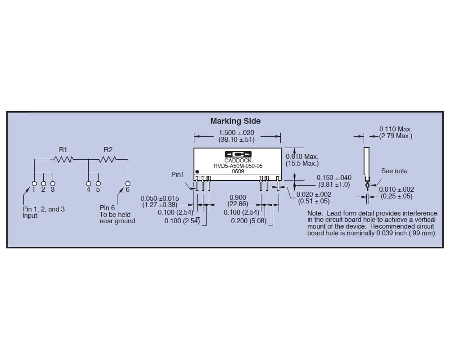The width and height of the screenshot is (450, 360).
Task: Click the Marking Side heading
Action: coord(235,121)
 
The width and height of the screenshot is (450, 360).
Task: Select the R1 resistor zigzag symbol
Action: coord(63,159)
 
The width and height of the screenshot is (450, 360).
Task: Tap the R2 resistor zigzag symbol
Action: coord(108,159)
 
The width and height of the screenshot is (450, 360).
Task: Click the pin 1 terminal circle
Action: coord(34,184)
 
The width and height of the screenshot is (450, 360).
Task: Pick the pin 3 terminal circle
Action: coord(53,184)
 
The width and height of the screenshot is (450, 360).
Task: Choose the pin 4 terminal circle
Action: coord(88,184)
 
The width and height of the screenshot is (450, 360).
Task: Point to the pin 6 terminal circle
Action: coord(128,184)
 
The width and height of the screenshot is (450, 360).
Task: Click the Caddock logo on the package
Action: coord(238,154)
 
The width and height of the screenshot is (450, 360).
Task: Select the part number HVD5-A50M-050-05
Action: coord(238,166)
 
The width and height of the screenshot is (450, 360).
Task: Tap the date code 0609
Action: coord(238,171)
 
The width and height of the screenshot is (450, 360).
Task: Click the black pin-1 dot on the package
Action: coord(197,171)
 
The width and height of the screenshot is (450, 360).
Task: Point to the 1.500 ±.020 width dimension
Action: coord(237,133)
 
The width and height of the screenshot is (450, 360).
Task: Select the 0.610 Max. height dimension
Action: coord(302,157)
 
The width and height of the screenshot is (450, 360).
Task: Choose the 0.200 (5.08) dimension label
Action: coord(248,221)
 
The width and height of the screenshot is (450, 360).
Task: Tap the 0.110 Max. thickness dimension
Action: coord(396,129)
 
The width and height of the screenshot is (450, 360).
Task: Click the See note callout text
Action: coord(394,171)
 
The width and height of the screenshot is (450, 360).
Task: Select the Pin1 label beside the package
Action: coord(178,175)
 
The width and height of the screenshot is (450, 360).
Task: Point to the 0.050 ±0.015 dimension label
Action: coord(160,198)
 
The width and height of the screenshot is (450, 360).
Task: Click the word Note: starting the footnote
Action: coord(315,213)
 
